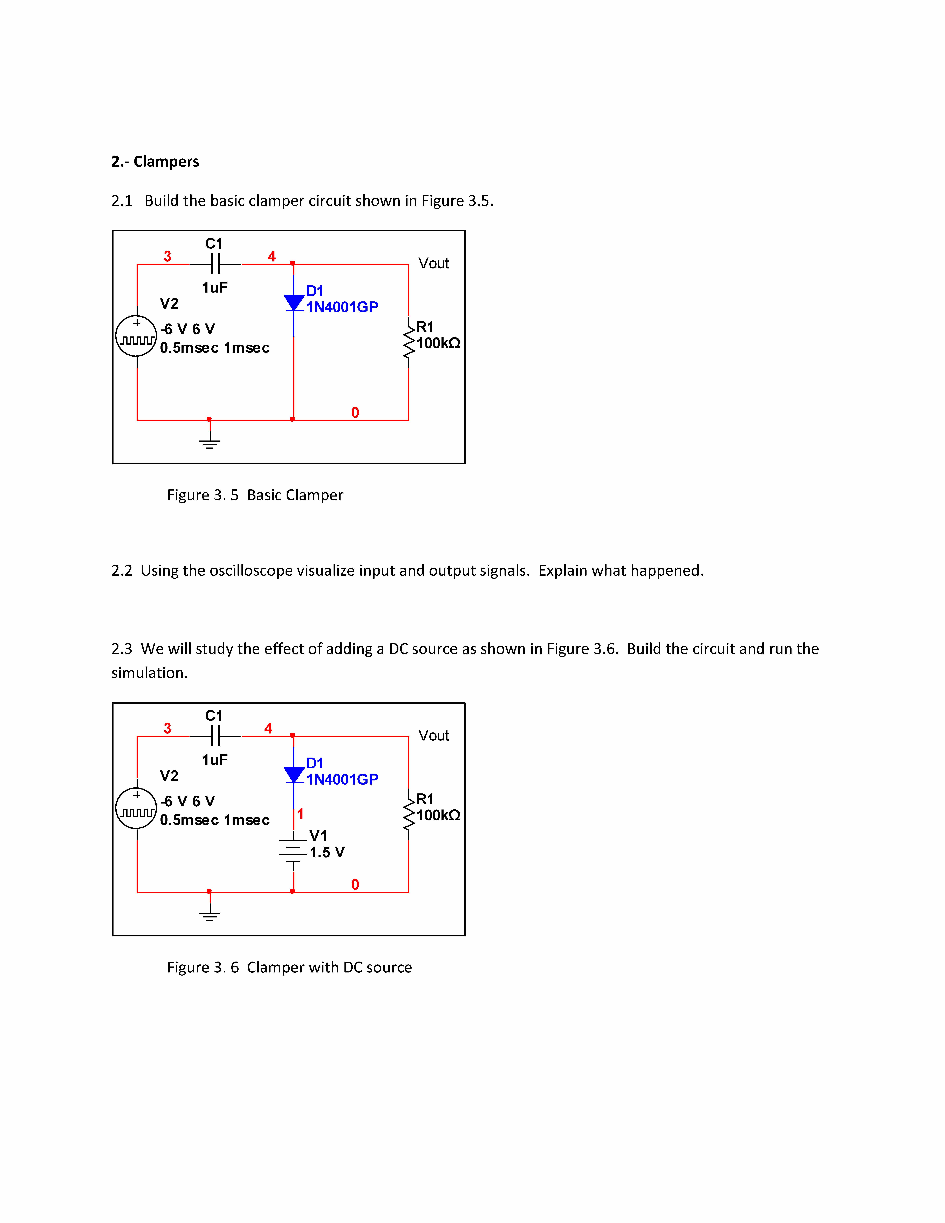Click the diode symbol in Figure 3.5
(x=294, y=303)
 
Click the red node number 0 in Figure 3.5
(x=355, y=413)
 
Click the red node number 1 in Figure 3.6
(x=301, y=814)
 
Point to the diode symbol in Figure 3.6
(x=294, y=775)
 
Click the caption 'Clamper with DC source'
(x=329, y=967)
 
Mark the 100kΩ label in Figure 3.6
(x=438, y=815)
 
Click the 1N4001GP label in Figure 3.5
(x=342, y=307)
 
